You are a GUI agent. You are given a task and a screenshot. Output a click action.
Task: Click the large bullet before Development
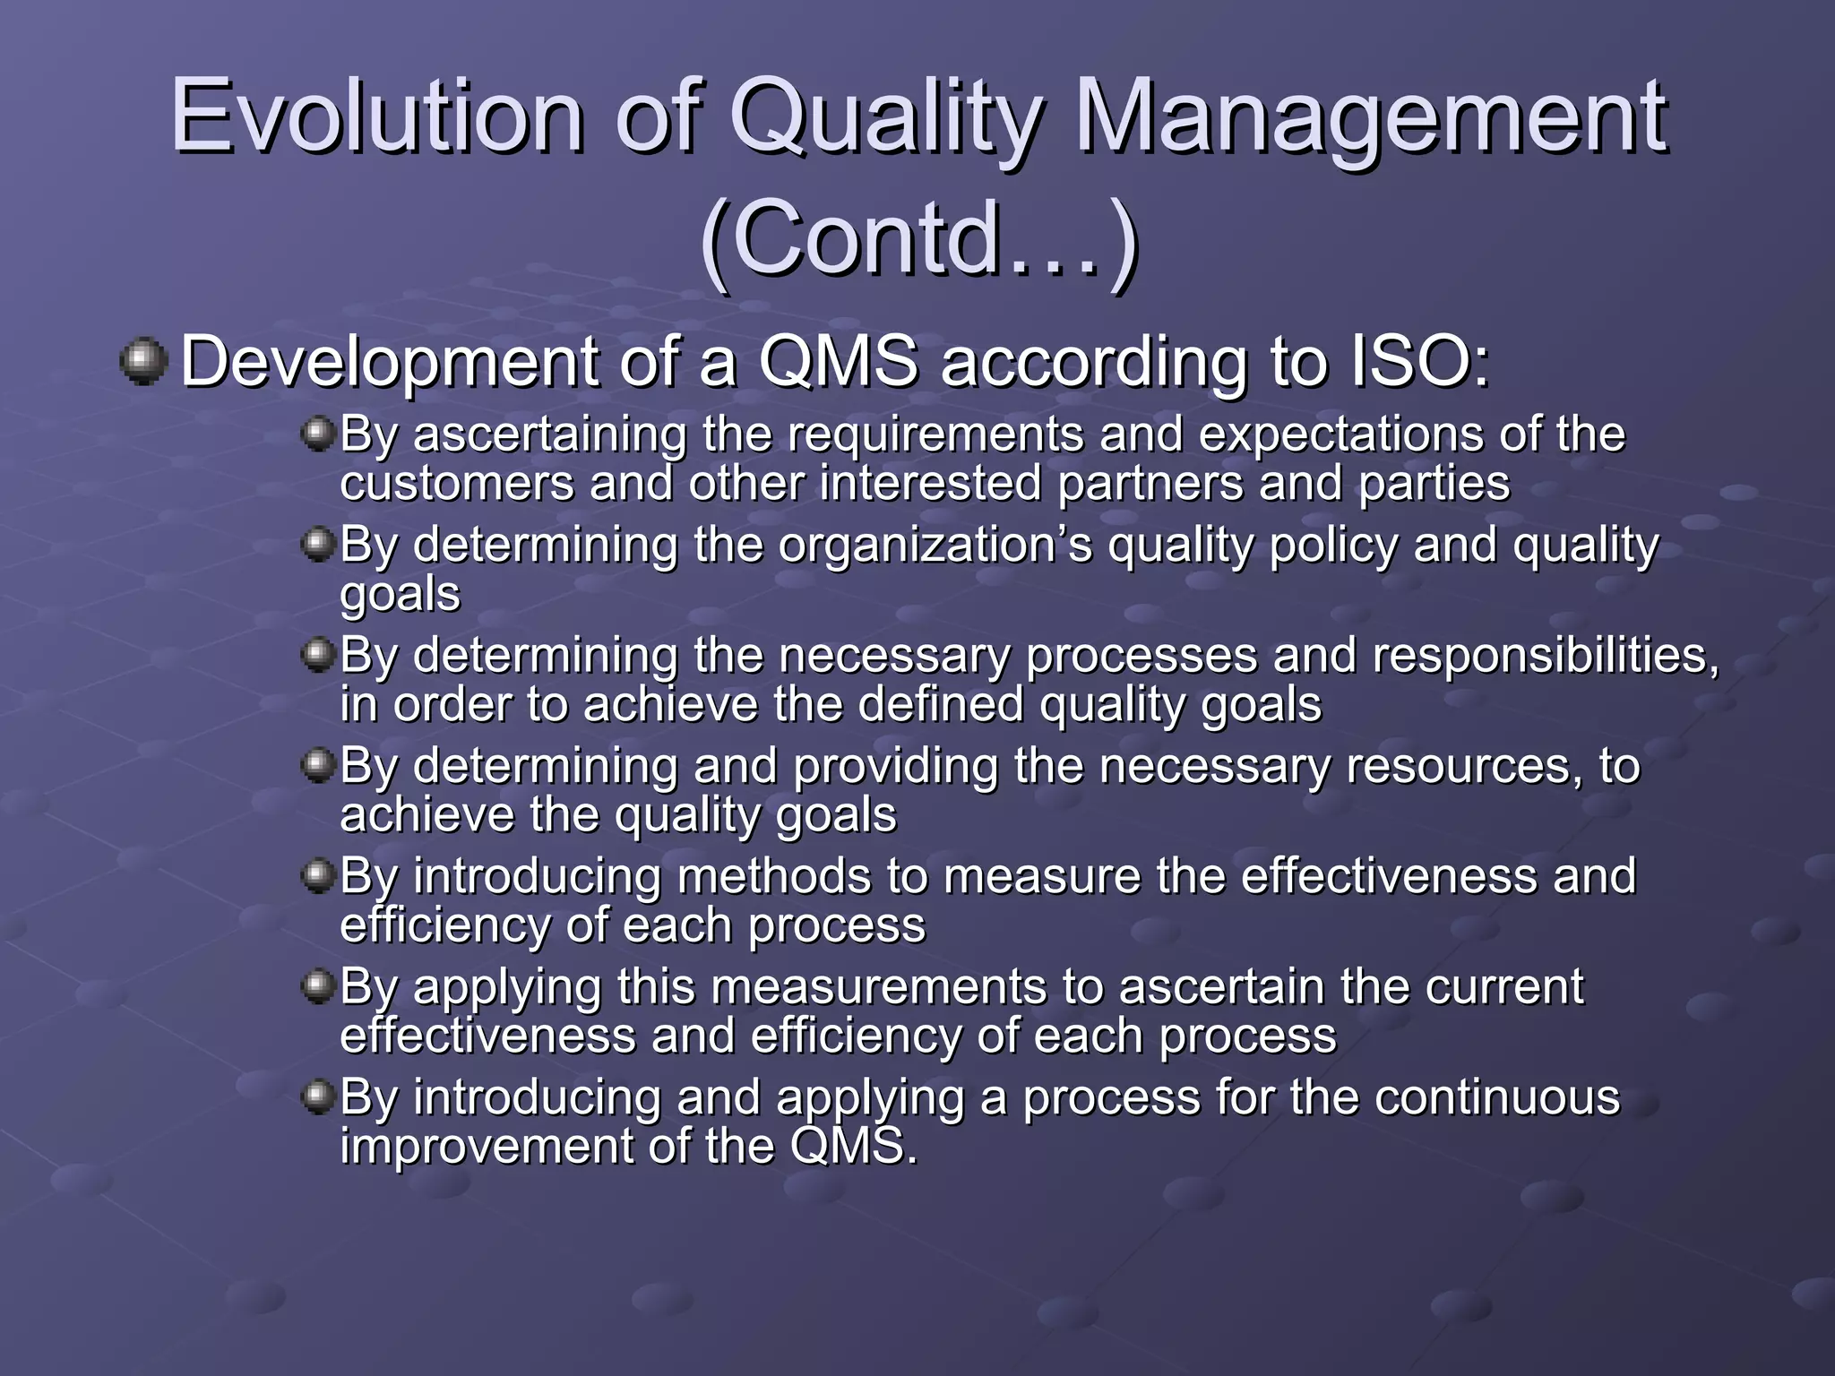(x=143, y=362)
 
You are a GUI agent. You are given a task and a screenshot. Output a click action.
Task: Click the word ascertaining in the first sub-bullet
(x=549, y=434)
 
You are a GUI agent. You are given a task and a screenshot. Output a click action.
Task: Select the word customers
(x=456, y=484)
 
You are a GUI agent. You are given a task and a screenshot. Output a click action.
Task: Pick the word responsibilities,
(x=1546, y=655)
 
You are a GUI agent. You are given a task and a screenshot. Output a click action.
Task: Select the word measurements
(x=879, y=987)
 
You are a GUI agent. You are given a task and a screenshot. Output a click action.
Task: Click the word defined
(x=941, y=705)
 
